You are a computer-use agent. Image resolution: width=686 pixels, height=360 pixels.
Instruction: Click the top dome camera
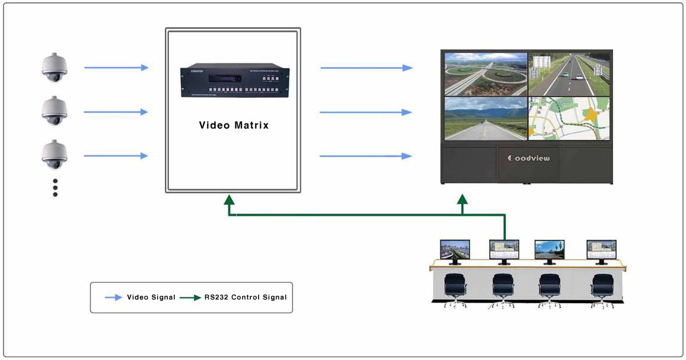55,66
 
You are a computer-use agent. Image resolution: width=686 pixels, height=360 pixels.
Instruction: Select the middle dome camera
55,111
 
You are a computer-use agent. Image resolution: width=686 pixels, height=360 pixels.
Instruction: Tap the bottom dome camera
55,155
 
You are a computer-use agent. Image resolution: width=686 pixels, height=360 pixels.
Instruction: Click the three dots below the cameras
55,187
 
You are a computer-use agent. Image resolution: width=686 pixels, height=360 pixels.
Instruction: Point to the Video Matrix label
234,125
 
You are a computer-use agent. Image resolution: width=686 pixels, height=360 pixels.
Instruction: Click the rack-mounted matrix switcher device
234,82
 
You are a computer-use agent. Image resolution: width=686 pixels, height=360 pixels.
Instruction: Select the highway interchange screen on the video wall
486,74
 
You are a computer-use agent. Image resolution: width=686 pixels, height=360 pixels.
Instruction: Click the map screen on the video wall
569,119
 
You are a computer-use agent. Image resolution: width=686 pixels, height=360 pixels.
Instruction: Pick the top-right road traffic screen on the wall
569,74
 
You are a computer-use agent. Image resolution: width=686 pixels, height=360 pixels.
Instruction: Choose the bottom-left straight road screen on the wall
486,119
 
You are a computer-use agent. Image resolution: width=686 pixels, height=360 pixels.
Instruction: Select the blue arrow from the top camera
116,68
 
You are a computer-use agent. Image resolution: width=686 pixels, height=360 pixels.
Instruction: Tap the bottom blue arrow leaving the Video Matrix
366,156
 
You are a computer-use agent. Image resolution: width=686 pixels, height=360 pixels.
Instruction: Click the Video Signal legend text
151,297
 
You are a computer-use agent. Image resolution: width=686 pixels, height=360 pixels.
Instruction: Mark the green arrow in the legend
190,297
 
